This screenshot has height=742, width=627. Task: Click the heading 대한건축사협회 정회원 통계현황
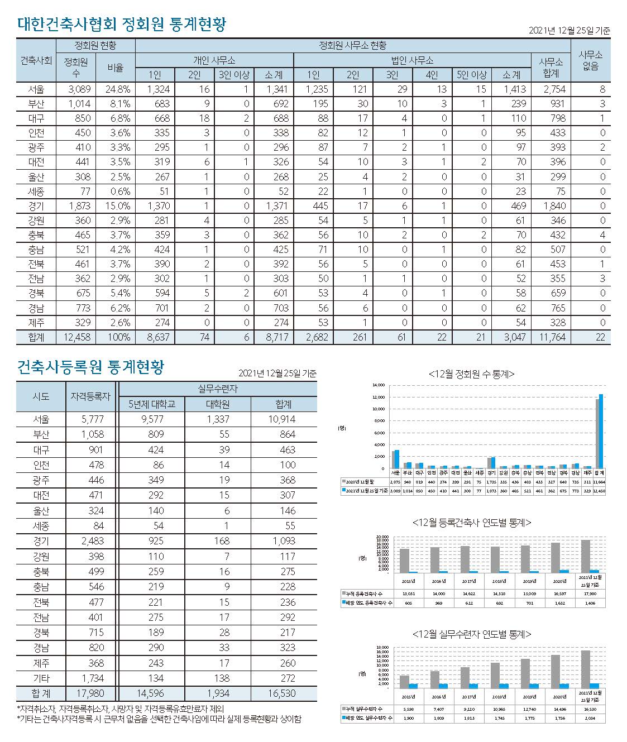(122, 25)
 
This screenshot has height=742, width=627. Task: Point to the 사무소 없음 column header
(590, 60)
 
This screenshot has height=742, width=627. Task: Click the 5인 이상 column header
(472, 75)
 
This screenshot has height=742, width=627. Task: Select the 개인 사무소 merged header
(214, 60)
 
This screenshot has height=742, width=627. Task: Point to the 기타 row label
(41, 678)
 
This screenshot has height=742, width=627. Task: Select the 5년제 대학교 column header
(152, 404)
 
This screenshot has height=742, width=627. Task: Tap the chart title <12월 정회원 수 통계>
(471, 374)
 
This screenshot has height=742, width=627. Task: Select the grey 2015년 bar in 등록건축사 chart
(405, 561)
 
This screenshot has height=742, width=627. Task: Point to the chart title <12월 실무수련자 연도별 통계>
(471, 634)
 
